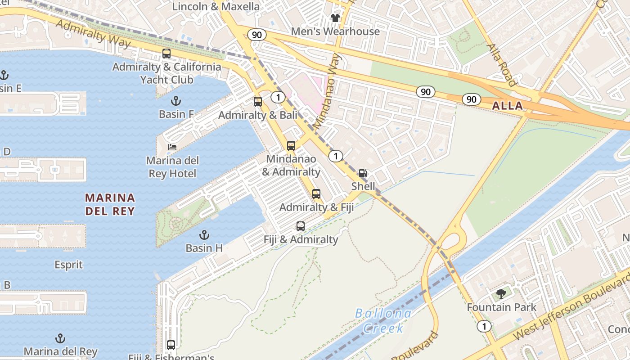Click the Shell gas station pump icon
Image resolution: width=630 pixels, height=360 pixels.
(362, 173)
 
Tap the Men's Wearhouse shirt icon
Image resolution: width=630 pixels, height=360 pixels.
(335, 18)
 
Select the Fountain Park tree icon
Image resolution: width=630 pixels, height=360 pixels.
(501, 294)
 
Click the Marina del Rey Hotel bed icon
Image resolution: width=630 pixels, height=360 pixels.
(172, 147)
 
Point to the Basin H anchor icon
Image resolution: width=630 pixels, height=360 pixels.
(204, 235)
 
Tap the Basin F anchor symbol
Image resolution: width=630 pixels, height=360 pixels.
(176, 101)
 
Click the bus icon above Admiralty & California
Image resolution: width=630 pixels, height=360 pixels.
(166, 54)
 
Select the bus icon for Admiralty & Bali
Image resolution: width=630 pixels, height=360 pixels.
(258, 102)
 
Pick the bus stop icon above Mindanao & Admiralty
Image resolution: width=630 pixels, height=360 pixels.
(291, 146)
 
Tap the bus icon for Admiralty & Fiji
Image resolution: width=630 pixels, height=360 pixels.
(316, 194)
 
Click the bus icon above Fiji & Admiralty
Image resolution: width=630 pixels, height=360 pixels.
(301, 226)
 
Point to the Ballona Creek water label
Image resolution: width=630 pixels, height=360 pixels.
(383, 320)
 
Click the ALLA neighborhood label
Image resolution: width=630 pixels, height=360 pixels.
(508, 106)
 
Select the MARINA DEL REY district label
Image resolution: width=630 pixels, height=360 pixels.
(110, 204)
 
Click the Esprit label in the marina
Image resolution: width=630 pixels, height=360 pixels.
(69, 265)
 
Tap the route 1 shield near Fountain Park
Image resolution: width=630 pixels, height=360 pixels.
(484, 326)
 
